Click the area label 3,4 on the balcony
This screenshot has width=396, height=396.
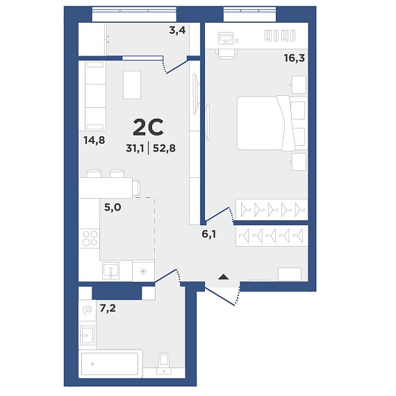pyautogui.click(x=177, y=31)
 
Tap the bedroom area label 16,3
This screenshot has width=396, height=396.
pyautogui.click(x=295, y=58)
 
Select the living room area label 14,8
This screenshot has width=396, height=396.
pyautogui.click(x=94, y=140)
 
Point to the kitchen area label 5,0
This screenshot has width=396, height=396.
pyautogui.click(x=113, y=207)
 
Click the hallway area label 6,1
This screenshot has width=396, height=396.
pyautogui.click(x=208, y=234)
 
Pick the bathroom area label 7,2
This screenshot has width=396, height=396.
pyautogui.click(x=108, y=308)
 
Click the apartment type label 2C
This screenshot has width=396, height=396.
pyautogui.click(x=148, y=127)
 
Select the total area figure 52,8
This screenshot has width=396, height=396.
pyautogui.click(x=164, y=148)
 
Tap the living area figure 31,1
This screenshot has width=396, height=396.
pyautogui.click(x=135, y=148)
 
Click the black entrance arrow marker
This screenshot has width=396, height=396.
pyautogui.click(x=223, y=277)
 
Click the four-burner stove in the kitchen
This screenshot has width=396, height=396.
pyautogui.click(x=90, y=238)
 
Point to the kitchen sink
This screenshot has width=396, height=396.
pyautogui.click(x=111, y=270)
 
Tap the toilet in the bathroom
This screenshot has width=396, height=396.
pyautogui.click(x=164, y=363)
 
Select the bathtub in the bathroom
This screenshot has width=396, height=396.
pyautogui.click(x=110, y=364)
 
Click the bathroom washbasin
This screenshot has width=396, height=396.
pyautogui.click(x=88, y=336)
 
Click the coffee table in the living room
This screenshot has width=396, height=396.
pyautogui.click(x=132, y=85)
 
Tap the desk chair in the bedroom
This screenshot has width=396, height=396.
pyautogui.click(x=226, y=53)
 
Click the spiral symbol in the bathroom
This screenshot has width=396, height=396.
pyautogui.click(x=88, y=309)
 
